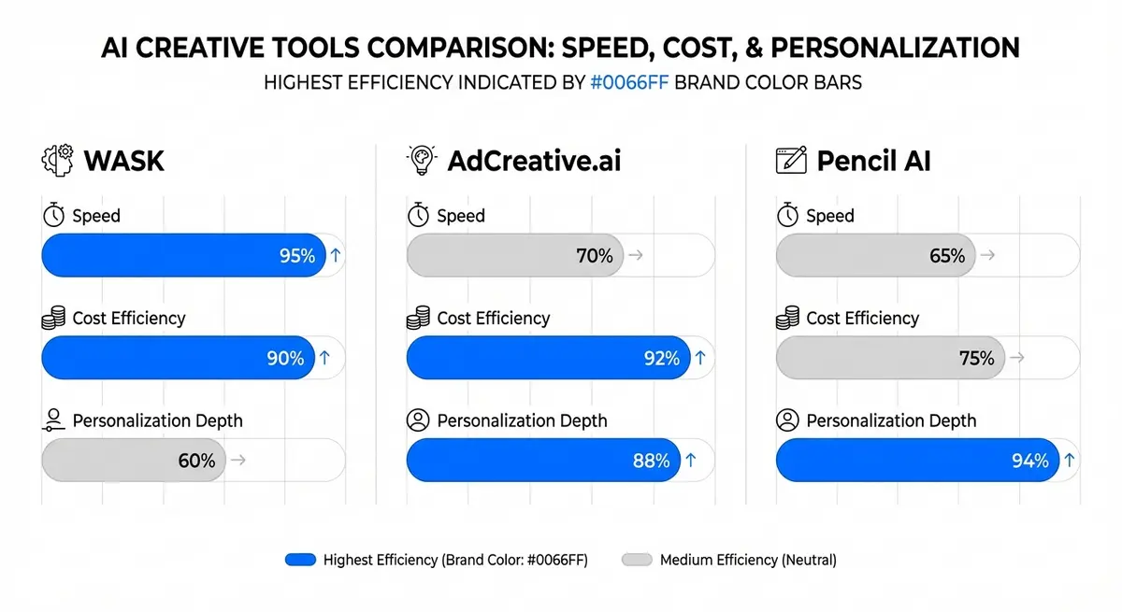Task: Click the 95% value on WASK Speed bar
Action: point(297,255)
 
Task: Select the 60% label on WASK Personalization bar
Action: point(196,460)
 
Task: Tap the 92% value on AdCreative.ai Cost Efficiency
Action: point(661,358)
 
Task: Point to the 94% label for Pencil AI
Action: point(1030,460)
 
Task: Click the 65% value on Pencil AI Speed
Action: point(947,255)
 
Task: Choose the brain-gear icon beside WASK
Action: point(58,160)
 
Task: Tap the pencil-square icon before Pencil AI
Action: point(791,160)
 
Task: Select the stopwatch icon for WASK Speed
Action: point(53,216)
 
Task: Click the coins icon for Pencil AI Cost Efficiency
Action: point(788,319)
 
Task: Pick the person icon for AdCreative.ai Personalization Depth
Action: point(418,420)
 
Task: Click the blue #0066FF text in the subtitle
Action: point(629,82)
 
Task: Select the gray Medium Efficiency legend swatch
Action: point(636,560)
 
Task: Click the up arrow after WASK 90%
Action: point(324,358)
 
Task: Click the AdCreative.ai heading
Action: point(533,161)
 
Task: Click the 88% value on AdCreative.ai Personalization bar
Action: point(651,460)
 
